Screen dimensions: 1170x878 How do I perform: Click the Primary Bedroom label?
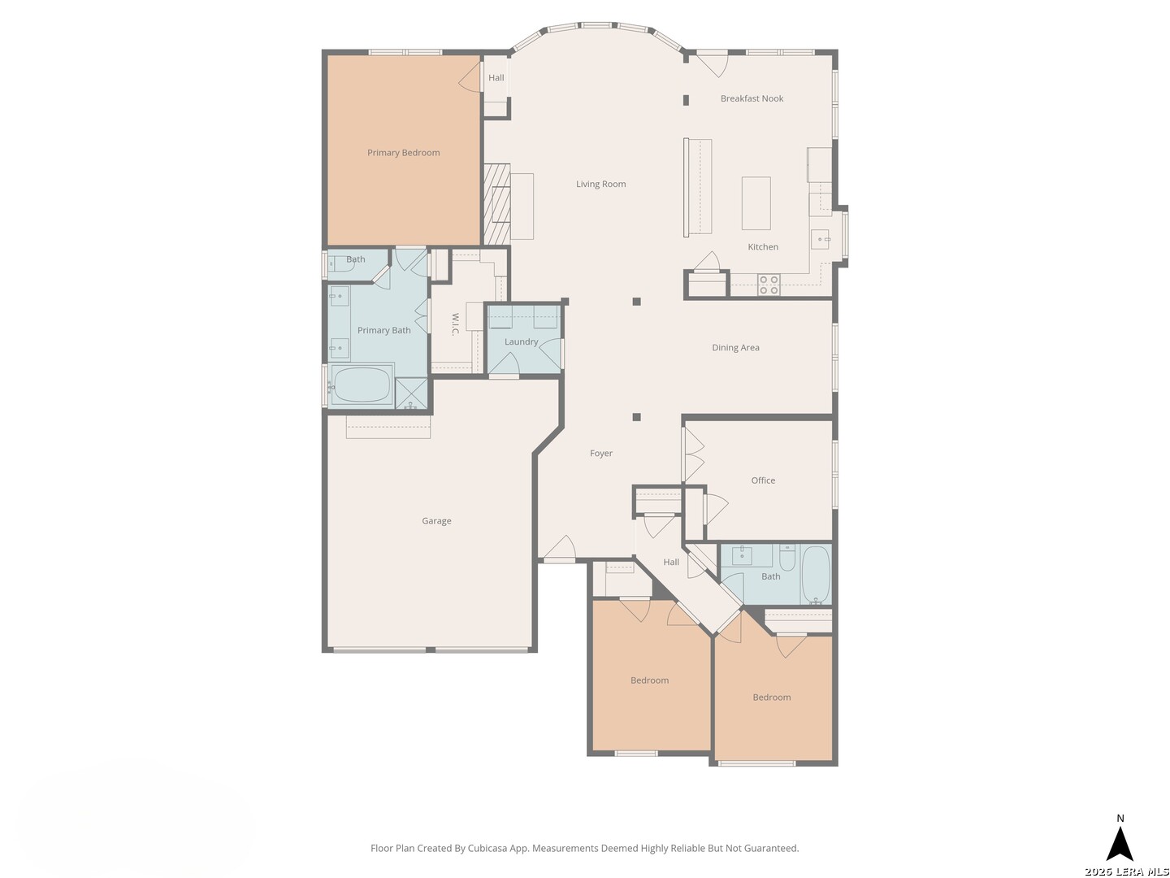coord(403,153)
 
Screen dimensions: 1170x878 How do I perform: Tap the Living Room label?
coord(600,184)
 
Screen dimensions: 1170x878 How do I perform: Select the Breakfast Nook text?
coord(752,98)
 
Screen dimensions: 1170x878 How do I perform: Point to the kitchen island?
coord(756,203)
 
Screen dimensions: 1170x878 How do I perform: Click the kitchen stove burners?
coord(769,285)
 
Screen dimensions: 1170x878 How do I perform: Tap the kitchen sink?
coord(821,239)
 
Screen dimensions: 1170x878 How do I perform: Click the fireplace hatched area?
coord(496,203)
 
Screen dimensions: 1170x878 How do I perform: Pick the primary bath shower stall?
coord(411,393)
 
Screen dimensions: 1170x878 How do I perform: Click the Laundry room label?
coord(521,341)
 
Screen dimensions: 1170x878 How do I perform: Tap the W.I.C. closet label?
coord(455,324)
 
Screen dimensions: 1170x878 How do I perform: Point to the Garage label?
coord(436,521)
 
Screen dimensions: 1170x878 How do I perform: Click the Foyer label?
coord(600,453)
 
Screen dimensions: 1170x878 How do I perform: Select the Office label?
coord(763,480)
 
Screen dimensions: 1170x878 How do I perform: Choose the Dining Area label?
coord(735,348)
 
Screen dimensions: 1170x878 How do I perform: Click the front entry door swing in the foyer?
coord(559,548)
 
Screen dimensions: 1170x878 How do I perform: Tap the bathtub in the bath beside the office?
coord(816,575)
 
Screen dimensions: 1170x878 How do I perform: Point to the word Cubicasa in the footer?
coord(487,848)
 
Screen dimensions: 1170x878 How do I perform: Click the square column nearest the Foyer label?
coord(636,417)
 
